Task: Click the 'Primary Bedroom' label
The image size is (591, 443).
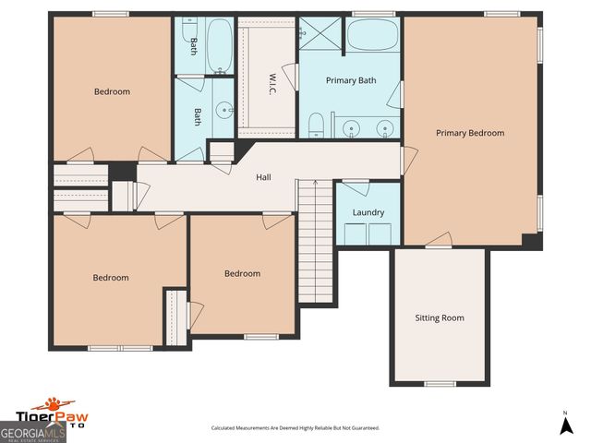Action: tap(470, 133)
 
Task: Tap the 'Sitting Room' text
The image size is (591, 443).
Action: tap(439, 317)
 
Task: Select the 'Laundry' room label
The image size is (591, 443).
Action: tap(368, 212)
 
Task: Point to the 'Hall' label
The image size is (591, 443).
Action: tap(263, 177)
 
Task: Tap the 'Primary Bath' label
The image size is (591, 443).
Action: tap(351, 80)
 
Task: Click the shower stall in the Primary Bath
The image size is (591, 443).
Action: tap(320, 36)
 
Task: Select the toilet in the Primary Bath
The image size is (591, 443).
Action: tap(316, 124)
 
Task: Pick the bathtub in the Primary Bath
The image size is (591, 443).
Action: tap(373, 37)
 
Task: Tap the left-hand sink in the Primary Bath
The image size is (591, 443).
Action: tap(351, 127)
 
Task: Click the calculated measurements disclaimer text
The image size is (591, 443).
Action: tap(295, 428)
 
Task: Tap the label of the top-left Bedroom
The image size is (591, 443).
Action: tap(112, 91)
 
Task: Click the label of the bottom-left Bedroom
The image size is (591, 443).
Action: tap(110, 278)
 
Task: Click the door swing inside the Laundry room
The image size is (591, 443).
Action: tap(356, 188)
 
